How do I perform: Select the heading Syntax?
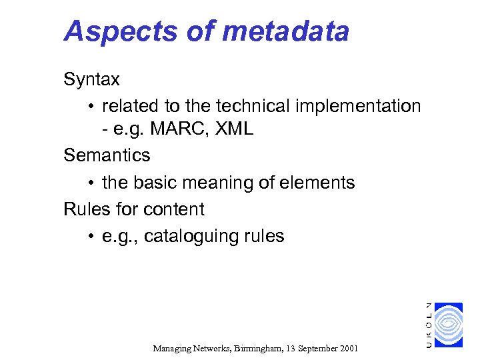pos(91,80)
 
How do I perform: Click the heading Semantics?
pos(107,155)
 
